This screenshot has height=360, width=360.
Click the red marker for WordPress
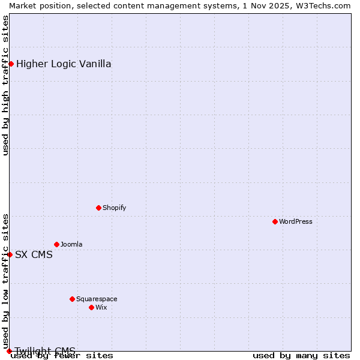coord(275,221)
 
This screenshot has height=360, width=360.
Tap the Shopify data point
coord(98,208)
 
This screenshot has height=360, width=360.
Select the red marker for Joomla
coord(56,244)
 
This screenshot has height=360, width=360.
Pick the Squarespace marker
coord(72,299)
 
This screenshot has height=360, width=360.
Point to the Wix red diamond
coord(91,307)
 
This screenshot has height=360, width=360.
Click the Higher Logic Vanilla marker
coord(11,64)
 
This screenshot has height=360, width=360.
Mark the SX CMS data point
coord(10,254)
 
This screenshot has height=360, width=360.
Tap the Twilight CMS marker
coord(9,351)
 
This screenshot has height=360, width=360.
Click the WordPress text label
coord(295,221)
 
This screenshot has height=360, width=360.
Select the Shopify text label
coord(114,208)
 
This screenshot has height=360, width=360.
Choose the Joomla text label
coord(71,244)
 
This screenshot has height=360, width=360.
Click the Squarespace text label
coord(97,299)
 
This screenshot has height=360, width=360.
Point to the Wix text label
coord(101,307)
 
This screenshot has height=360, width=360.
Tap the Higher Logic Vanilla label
coord(64,64)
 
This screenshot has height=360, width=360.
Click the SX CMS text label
coord(34,254)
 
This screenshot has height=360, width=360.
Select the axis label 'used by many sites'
coord(301,355)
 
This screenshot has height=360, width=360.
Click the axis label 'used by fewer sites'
coord(62,355)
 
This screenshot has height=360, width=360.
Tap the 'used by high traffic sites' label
coord(5,85)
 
